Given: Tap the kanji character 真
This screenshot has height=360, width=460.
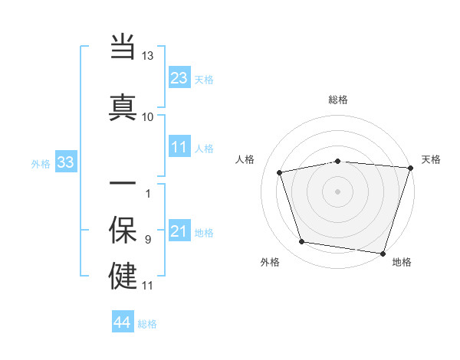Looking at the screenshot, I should pyautogui.click(x=123, y=106).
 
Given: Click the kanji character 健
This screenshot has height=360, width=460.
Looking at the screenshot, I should pyautogui.click(x=123, y=275).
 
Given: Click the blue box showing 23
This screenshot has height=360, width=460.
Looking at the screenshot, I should pyautogui.click(x=179, y=78).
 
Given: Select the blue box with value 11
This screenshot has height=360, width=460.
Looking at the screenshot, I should pyautogui.click(x=179, y=147).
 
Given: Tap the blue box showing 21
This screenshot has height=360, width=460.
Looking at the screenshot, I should pyautogui.click(x=179, y=231).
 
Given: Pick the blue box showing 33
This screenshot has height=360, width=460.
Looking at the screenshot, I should pyautogui.click(x=64, y=162).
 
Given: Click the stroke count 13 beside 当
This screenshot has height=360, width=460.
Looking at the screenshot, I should pyautogui.click(x=147, y=56).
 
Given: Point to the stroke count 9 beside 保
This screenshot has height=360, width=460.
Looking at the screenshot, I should pyautogui.click(x=147, y=240).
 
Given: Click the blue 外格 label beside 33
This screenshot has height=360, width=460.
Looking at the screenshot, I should pyautogui.click(x=41, y=163).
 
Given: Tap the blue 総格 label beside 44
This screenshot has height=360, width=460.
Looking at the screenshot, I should pyautogui.click(x=147, y=324).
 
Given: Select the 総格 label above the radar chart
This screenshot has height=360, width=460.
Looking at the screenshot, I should pyautogui.click(x=337, y=100).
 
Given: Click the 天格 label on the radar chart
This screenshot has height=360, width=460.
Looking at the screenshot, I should pyautogui.click(x=431, y=159).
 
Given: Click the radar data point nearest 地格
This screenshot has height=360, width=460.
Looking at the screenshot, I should pyautogui.click(x=383, y=253).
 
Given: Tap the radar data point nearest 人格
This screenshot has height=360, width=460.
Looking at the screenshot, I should pyautogui.click(x=280, y=172).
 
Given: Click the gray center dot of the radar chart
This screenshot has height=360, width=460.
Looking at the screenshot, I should pyautogui.click(x=337, y=191).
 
